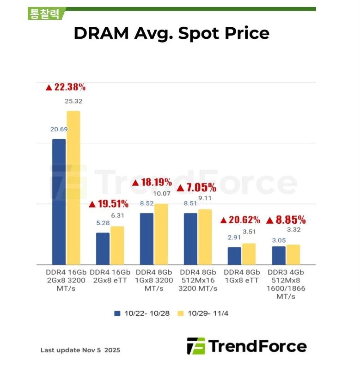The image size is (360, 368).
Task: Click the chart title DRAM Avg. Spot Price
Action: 171,33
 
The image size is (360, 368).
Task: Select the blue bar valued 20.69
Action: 59,201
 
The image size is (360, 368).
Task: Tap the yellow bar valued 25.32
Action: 73,187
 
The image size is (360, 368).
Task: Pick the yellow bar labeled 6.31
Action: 117,245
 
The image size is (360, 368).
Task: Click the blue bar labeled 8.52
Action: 146,239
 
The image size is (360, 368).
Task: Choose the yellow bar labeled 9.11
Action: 205,237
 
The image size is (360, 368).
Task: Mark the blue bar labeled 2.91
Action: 234,256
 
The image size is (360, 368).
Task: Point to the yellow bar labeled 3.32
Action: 293,254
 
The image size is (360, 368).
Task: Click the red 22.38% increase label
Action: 66,87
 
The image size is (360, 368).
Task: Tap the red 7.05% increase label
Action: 196,187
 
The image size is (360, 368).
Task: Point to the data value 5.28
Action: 103,223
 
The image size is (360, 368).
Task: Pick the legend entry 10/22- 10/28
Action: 142,313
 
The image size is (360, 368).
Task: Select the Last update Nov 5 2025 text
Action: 80,350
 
